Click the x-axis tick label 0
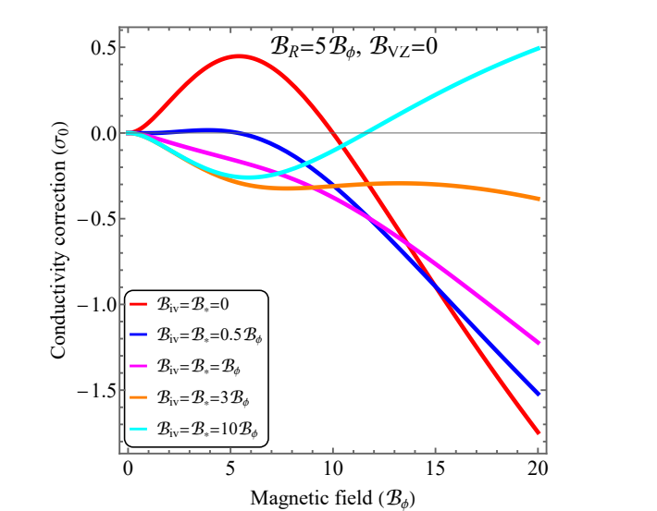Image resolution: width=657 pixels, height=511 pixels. pyautogui.click(x=128, y=467)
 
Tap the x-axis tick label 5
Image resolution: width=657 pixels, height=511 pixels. pyautogui.click(x=230, y=467)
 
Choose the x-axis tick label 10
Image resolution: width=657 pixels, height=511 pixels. pyautogui.click(x=332, y=467)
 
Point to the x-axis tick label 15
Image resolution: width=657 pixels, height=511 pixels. pyautogui.click(x=435, y=467)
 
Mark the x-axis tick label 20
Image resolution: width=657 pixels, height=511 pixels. pyautogui.click(x=537, y=467)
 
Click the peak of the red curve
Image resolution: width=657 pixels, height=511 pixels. pyautogui.click(x=239, y=55)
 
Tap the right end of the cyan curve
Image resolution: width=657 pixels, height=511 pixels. pyautogui.click(x=537, y=47)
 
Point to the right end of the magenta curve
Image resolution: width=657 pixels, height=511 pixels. pyautogui.click(x=537, y=343)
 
